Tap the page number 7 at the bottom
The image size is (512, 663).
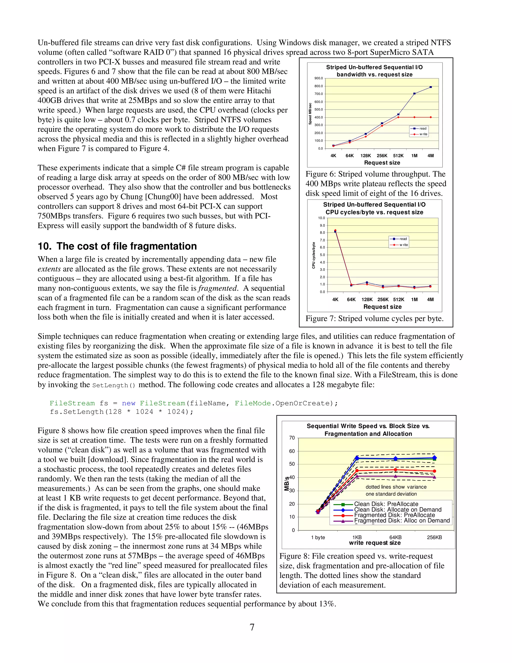click(252, 627)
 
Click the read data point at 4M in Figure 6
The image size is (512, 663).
click(430, 87)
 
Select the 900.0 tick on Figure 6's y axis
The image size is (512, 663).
click(318, 78)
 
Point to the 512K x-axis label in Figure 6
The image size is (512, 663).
click(398, 156)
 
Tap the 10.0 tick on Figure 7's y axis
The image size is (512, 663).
click(321, 218)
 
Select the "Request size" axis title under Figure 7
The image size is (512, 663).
click(382, 307)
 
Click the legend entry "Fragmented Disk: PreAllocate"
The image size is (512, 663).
click(394, 515)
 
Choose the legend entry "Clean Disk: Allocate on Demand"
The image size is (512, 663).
click(397, 510)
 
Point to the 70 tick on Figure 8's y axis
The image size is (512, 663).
click(292, 438)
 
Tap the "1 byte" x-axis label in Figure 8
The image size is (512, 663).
click(318, 537)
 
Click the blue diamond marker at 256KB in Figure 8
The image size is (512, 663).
click(434, 458)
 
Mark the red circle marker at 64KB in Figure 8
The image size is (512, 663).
click(395, 470)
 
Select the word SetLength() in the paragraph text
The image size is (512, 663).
click(113, 385)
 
